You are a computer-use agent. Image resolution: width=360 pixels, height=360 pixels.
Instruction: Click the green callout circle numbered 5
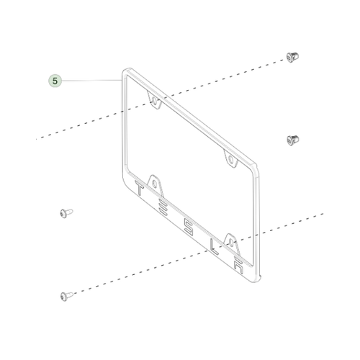tap(55, 81)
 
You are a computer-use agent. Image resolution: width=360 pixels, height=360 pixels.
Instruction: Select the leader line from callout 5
tap(92, 80)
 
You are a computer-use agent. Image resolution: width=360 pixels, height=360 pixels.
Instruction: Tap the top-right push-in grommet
tap(292, 57)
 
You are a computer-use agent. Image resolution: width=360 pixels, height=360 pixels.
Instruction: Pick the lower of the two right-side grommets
tap(293, 140)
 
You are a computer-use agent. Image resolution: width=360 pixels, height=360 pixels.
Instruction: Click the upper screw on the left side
tap(66, 213)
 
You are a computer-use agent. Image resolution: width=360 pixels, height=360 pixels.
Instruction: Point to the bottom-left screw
tap(66, 296)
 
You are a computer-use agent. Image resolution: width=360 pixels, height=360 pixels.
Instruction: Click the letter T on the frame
tap(139, 188)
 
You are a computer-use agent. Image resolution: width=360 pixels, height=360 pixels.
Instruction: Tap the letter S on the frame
tap(189, 227)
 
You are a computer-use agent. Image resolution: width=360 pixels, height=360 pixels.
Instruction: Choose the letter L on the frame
tap(214, 246)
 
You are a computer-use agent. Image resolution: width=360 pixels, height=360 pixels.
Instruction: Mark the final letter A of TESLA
tap(239, 266)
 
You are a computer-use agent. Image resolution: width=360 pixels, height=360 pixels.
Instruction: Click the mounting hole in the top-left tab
tap(154, 101)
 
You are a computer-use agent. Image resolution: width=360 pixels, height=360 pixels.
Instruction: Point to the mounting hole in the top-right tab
tap(230, 158)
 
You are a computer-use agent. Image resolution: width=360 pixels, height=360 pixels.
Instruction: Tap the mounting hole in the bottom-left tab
tap(154, 184)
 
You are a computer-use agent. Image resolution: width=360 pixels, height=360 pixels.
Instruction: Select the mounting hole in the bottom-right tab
tap(231, 243)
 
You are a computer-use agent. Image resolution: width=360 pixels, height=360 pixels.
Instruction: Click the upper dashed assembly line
tap(161, 99)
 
